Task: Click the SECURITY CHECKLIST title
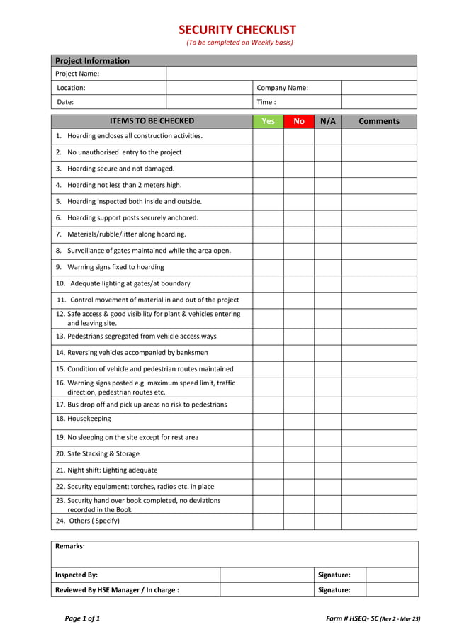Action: [x=237, y=30]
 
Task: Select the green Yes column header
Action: [x=268, y=121]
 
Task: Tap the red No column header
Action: [x=298, y=121]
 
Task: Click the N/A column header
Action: [x=327, y=121]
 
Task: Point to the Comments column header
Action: [x=379, y=121]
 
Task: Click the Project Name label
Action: [x=77, y=74]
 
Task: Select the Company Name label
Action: [x=282, y=88]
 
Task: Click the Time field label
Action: [x=266, y=102]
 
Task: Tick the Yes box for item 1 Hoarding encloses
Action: [x=268, y=136]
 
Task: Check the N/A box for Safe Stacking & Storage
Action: [x=327, y=453]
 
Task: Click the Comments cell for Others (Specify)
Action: [x=379, y=521]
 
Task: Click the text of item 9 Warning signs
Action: [x=115, y=267]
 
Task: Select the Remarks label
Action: [x=70, y=547]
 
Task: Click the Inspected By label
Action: [x=77, y=575]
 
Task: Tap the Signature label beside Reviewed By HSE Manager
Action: [x=334, y=589]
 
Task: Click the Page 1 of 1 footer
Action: [x=82, y=618]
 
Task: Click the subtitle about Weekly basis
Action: [x=239, y=43]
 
